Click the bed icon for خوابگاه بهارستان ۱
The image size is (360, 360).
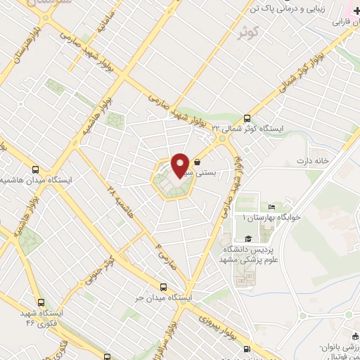click(271, 207)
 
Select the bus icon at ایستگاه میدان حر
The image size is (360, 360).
click(164, 286)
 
